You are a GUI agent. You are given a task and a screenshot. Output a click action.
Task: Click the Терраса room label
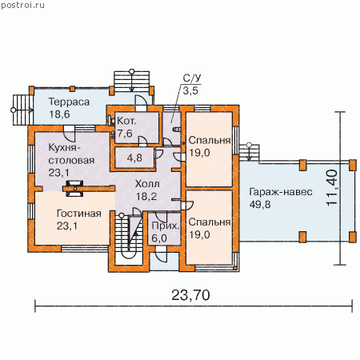click(x=69, y=102)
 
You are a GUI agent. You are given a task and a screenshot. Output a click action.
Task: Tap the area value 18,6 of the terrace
click(x=59, y=114)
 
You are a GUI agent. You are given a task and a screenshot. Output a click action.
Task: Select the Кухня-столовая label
click(x=71, y=154)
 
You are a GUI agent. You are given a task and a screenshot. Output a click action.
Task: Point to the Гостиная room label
click(x=79, y=214)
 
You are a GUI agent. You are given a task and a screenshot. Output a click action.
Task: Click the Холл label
click(x=147, y=184)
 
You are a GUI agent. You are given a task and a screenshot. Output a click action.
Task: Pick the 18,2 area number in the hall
click(x=146, y=197)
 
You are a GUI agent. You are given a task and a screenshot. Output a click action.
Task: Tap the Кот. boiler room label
click(x=126, y=121)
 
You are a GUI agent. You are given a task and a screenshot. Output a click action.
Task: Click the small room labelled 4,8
click(x=134, y=158)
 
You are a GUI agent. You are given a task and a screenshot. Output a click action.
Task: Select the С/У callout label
click(x=192, y=78)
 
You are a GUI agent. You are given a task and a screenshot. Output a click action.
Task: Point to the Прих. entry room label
click(x=166, y=226)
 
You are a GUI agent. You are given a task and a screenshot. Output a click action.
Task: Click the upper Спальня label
click(x=210, y=141)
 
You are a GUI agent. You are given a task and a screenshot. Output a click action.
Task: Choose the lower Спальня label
click(x=210, y=222)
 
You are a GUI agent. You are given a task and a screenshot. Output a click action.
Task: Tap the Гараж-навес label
click(x=281, y=192)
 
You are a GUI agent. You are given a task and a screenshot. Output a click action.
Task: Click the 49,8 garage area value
click(x=260, y=205)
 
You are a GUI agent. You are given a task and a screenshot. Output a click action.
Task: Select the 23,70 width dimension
click(x=190, y=295)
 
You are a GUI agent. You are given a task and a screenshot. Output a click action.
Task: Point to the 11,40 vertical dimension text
click(x=332, y=188)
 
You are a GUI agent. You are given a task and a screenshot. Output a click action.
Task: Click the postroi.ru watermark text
click(x=23, y=6)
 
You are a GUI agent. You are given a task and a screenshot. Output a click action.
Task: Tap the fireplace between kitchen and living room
click(x=74, y=189)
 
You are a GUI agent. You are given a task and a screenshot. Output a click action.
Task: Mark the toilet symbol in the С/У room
click(x=177, y=130)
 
